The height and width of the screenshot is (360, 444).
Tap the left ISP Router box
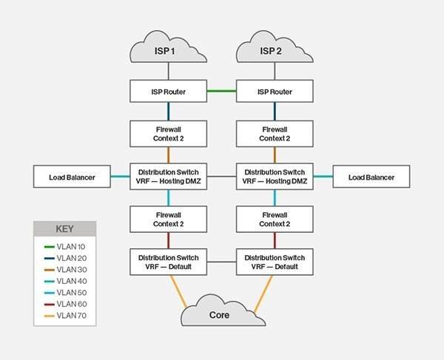pyautogui.click(x=169, y=92)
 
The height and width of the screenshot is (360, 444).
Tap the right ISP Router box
pyautogui.click(x=274, y=92)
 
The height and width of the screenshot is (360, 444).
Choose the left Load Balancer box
pyautogui.click(x=72, y=177)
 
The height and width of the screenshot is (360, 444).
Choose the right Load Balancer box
pyautogui.click(x=371, y=177)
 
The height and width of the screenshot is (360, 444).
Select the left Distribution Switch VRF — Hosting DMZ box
pyautogui.click(x=169, y=177)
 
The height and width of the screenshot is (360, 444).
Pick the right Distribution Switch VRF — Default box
pyautogui.click(x=274, y=262)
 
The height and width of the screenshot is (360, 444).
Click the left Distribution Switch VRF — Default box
pyautogui.click(x=169, y=262)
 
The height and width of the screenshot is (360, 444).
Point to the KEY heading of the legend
pyautogui.click(x=64, y=228)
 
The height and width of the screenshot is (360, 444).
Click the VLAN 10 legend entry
pyautogui.click(x=70, y=245)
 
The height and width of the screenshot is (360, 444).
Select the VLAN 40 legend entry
pyautogui.click(x=70, y=281)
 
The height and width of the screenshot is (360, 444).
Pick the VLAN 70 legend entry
pyautogui.click(x=70, y=316)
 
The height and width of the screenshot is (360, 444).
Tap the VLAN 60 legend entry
pyautogui.click(x=70, y=304)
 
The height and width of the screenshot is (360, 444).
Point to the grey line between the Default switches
pyautogui.click(x=221, y=262)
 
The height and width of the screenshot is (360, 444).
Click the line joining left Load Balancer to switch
pyautogui.click(x=120, y=177)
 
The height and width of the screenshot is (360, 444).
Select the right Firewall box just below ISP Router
pyautogui.click(x=274, y=134)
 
